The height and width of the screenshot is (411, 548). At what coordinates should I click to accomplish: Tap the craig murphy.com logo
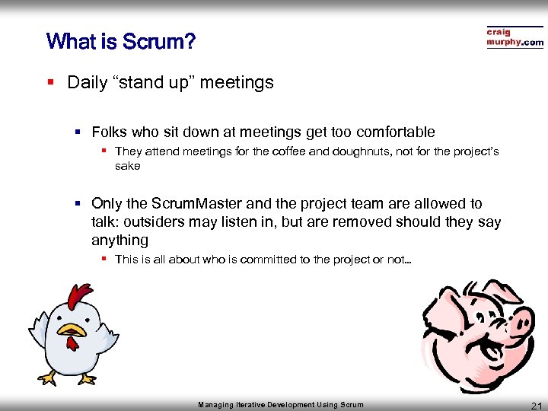(515, 37)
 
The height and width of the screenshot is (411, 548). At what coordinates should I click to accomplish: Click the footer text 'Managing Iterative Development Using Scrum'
(281, 405)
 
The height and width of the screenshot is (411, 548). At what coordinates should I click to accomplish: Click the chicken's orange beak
(72, 330)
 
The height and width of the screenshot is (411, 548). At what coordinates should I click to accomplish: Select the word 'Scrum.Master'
(196, 204)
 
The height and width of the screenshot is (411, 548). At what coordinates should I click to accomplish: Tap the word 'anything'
(119, 241)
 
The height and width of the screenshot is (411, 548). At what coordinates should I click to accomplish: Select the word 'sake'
(127, 165)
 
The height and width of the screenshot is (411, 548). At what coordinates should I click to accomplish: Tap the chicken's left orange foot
(49, 378)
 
